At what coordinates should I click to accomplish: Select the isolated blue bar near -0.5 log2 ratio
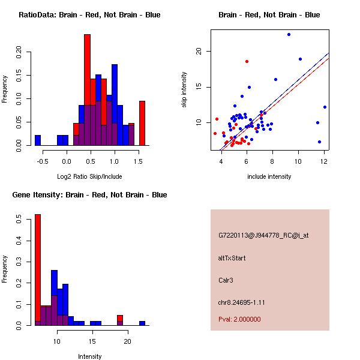[x=38, y=140]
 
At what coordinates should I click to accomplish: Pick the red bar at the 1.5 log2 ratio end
[x=142, y=123]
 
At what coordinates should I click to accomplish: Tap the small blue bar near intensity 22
[x=142, y=323]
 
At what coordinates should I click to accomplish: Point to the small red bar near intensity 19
[x=120, y=318]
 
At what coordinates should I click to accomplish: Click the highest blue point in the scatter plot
[x=289, y=34]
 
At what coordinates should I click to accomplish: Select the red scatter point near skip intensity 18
[x=247, y=61]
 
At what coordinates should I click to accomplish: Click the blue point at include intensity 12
[x=325, y=107]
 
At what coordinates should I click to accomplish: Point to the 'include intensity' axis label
[x=269, y=176]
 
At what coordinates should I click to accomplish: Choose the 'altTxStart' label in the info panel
[x=232, y=259]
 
